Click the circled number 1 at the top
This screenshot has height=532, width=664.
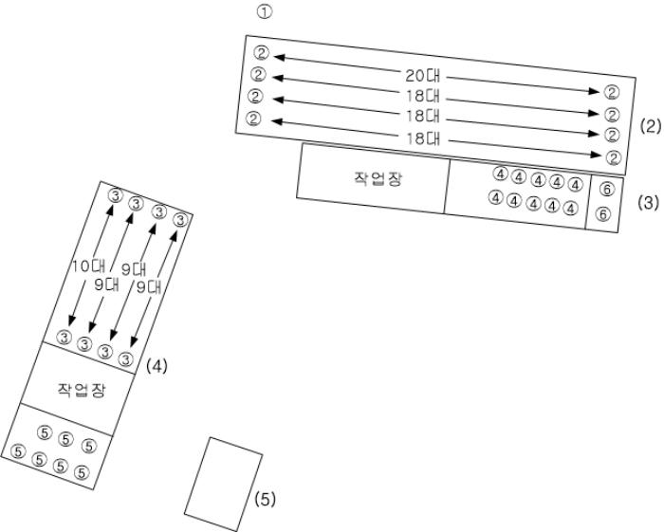265,11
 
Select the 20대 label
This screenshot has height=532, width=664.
423,76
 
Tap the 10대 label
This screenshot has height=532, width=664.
88,266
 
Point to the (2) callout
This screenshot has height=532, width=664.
651,126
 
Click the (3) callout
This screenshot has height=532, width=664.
649,203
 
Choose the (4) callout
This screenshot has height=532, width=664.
157,366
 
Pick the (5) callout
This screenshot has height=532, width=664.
265,500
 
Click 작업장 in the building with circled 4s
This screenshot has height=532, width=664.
378,178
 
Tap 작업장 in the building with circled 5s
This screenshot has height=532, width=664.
82,390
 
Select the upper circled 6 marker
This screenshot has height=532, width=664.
607,190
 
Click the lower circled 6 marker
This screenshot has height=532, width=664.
603,214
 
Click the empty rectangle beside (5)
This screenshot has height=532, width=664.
223,485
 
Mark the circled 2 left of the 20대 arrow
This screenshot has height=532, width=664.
261,53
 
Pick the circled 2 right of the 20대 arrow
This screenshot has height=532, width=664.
611,92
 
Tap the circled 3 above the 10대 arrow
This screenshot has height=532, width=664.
115,195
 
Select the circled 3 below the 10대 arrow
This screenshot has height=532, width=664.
65,338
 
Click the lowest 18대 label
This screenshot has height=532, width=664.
423,138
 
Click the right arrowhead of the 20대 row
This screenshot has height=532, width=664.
595,90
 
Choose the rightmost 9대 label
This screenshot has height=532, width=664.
149,287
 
